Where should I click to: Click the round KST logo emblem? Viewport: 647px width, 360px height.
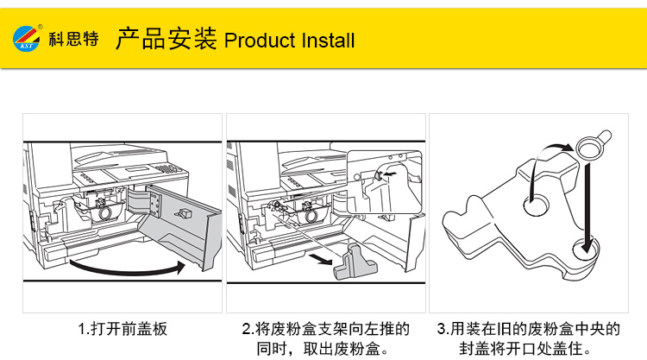(x=27, y=38)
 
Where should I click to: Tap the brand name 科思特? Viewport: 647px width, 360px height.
(x=73, y=39)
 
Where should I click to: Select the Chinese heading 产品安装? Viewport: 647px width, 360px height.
(x=166, y=39)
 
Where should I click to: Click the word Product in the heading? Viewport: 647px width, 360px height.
(x=258, y=41)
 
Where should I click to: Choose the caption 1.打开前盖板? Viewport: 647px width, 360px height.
(x=122, y=329)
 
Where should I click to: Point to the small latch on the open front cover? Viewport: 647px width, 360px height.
(x=183, y=212)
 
